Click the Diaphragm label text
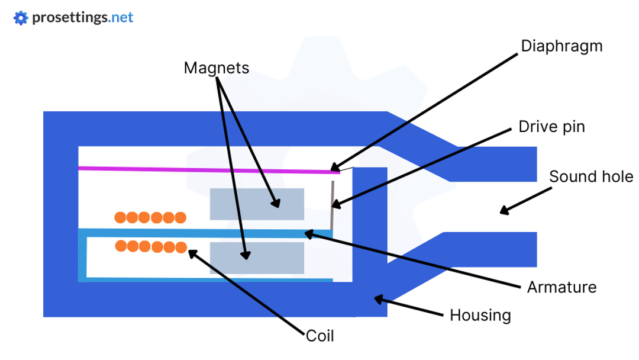tap(561, 47)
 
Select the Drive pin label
tap(551, 127)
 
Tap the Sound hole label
tap(591, 176)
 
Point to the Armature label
tap(561, 288)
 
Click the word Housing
tap(480, 315)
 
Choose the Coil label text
tap(320, 336)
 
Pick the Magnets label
tap(216, 68)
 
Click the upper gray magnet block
tap(257, 204)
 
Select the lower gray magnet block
tap(257, 258)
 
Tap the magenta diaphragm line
tap(207, 170)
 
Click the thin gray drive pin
tap(332, 204)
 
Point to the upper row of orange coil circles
tap(150, 217)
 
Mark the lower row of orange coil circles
tap(150, 246)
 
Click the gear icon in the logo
tap(21, 18)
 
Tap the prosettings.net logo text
tap(82, 18)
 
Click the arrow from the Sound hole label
tap(525, 200)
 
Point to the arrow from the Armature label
tap(414, 261)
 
